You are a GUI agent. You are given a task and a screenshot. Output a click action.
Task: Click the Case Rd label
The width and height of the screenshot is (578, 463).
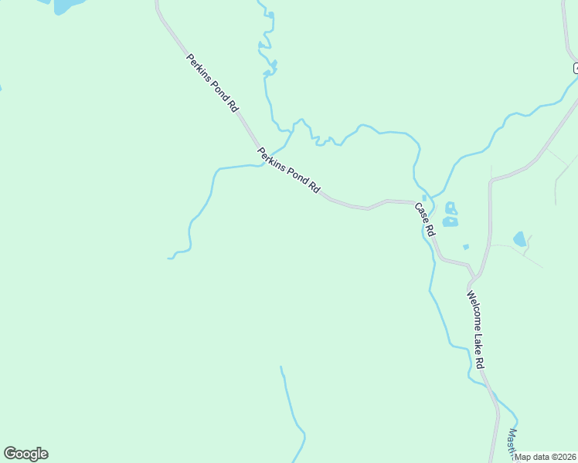pos(425,219)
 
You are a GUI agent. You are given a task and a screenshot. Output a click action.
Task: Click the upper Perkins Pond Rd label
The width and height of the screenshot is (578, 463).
pos(212,83)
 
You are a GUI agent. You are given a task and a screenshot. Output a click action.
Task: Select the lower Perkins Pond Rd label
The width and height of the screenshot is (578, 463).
pos(289,170)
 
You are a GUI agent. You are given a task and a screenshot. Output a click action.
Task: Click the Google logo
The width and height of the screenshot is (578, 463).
pos(25,454)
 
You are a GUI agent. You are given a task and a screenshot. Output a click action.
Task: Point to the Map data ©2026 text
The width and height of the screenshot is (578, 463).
pos(546,457)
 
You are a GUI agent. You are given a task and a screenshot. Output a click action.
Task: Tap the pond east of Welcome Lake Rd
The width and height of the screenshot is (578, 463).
pos(520,239)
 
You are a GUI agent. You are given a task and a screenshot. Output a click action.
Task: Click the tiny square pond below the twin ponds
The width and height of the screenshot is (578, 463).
pos(465,247)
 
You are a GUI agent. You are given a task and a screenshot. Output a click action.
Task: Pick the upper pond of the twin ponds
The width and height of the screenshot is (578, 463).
pos(450,208)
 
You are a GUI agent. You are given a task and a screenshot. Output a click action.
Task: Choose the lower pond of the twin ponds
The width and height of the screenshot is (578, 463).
pos(450,221)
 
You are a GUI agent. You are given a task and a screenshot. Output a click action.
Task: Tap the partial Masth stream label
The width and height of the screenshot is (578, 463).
pos(512,441)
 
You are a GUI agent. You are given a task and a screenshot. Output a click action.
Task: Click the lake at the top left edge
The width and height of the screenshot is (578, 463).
pos(66,6)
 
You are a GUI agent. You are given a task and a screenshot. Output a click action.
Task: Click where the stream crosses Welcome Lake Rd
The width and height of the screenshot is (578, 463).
pos(492,394)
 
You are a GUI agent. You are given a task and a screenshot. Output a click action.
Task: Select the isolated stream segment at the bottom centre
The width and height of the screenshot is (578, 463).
pos(293,413)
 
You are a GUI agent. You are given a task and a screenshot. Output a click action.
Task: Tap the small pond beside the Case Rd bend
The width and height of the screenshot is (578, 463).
pos(424,198)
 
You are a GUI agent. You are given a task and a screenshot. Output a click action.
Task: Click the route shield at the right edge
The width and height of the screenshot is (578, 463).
pos(576,68)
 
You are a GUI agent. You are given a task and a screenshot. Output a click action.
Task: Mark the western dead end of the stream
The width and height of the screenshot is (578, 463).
pos(169,258)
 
